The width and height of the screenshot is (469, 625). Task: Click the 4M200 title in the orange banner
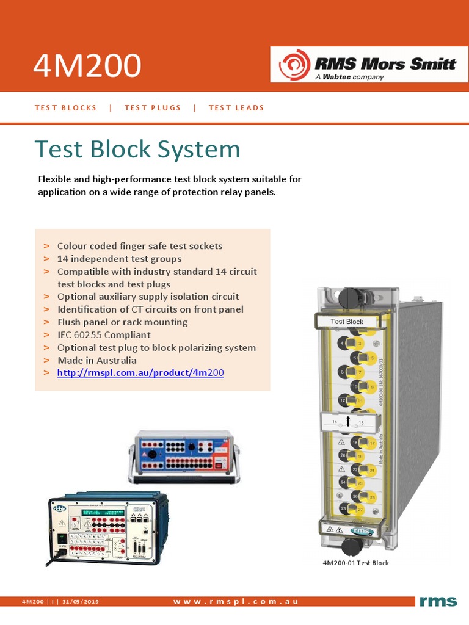(87, 65)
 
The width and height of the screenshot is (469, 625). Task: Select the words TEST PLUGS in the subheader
(153, 108)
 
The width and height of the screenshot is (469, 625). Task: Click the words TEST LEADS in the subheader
(236, 108)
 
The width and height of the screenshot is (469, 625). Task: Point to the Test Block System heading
(137, 150)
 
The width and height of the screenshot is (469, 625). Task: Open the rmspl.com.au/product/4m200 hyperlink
(140, 373)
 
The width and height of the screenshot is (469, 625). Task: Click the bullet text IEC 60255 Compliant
(104, 335)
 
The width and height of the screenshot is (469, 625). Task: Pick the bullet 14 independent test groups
(119, 259)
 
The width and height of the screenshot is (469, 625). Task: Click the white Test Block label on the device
(347, 322)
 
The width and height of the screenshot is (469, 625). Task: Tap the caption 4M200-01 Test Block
(355, 563)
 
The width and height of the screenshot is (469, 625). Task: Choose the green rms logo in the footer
(438, 602)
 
